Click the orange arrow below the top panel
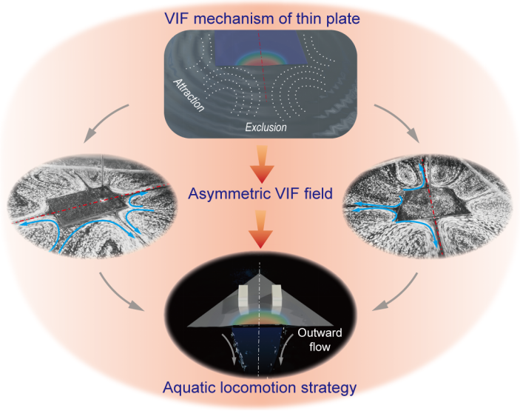click(x=260, y=164)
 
